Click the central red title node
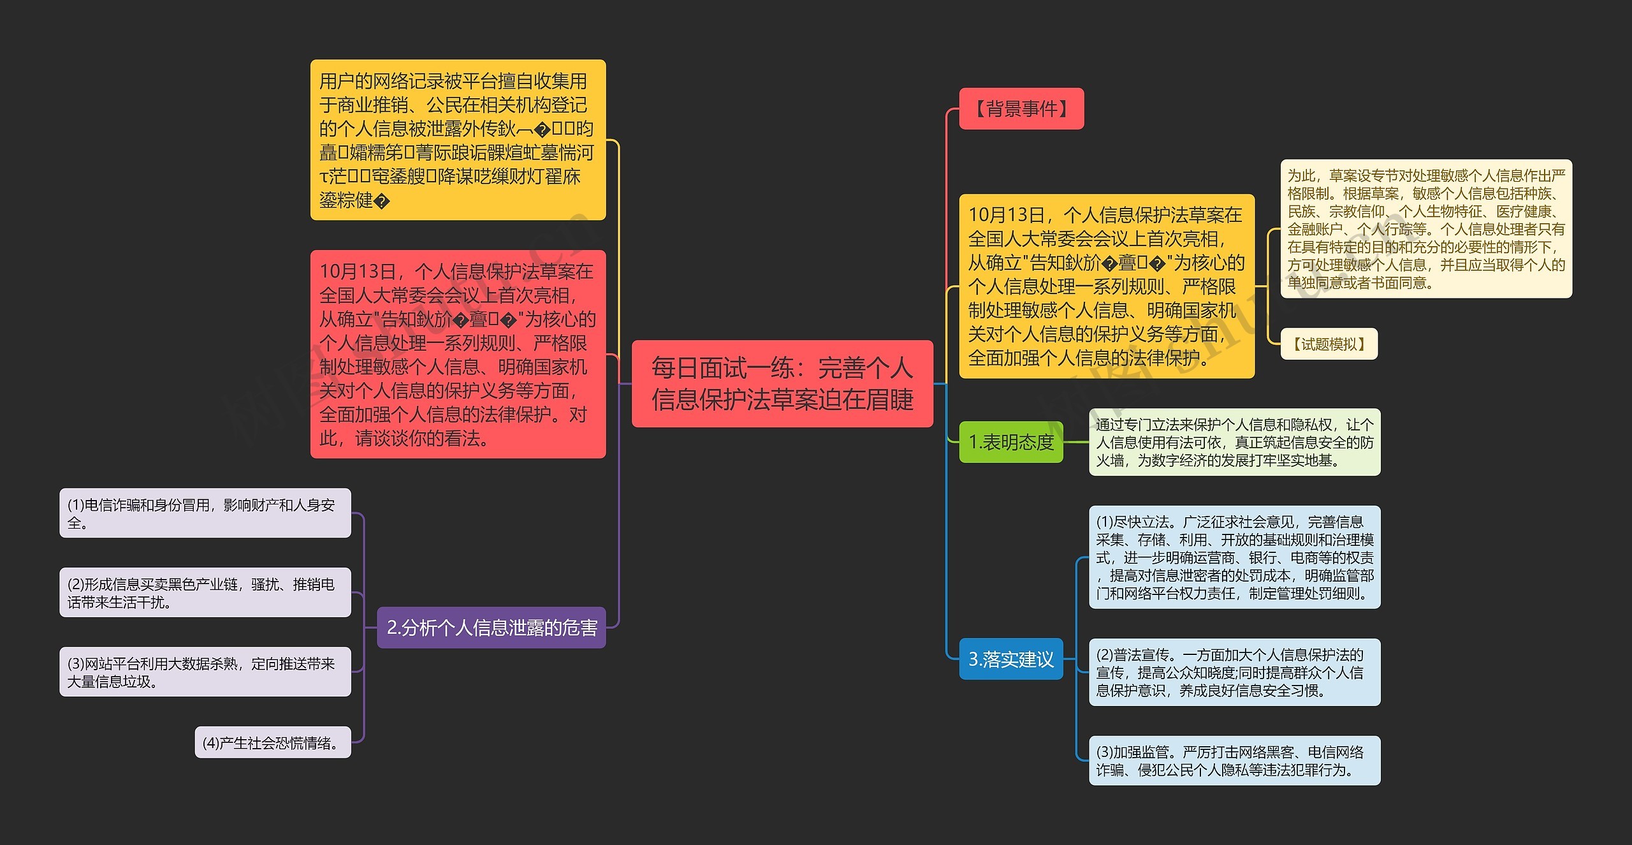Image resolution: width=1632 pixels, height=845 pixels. (782, 383)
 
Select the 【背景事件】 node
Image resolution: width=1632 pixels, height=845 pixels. (1021, 108)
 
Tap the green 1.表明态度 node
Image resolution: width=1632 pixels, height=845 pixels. (1010, 442)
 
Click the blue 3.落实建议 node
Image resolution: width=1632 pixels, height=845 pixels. (1010, 659)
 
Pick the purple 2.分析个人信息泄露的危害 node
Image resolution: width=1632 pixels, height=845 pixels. (491, 628)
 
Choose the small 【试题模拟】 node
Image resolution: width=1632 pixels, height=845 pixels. (1329, 344)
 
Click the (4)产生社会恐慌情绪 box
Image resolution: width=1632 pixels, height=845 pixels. (272, 742)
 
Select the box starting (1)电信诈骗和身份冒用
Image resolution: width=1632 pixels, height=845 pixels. (205, 513)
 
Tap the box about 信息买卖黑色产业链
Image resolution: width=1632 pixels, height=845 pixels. (205, 592)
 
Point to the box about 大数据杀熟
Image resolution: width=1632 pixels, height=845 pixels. (205, 672)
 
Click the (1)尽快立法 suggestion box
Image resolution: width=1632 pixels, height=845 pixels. (1234, 557)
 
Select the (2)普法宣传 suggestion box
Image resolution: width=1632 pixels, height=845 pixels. (1234, 672)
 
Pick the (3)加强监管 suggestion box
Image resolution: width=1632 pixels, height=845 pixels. (1234, 760)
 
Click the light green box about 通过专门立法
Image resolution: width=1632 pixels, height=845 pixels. (1234, 442)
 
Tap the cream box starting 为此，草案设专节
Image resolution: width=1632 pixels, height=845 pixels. (1425, 228)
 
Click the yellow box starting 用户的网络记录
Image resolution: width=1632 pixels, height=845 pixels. (458, 140)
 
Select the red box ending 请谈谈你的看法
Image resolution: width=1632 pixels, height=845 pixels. (458, 354)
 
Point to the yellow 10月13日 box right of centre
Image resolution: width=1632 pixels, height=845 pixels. (1106, 286)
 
